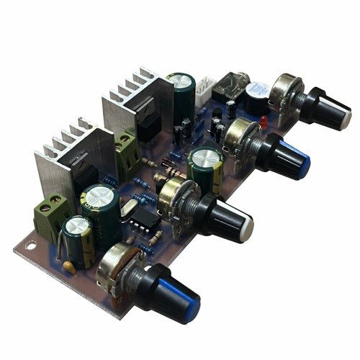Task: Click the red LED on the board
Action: pyautogui.click(x=263, y=122)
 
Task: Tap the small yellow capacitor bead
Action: pyautogui.click(x=69, y=266)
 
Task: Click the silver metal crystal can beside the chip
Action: pyautogui.click(x=129, y=209)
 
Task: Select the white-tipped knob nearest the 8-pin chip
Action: pyautogui.click(x=230, y=220)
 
